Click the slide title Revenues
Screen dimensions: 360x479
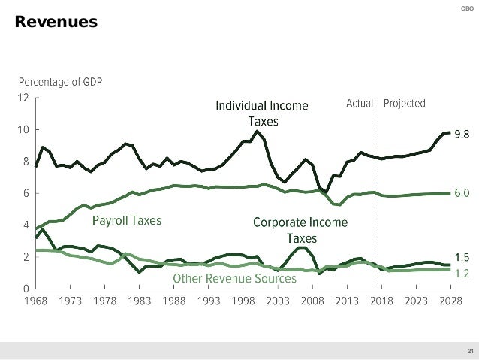56,23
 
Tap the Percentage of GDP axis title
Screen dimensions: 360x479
62,82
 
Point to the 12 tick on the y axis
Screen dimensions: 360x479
25,98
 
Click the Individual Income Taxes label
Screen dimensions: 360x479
261,112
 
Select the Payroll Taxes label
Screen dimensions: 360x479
127,221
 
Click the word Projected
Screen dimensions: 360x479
405,103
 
